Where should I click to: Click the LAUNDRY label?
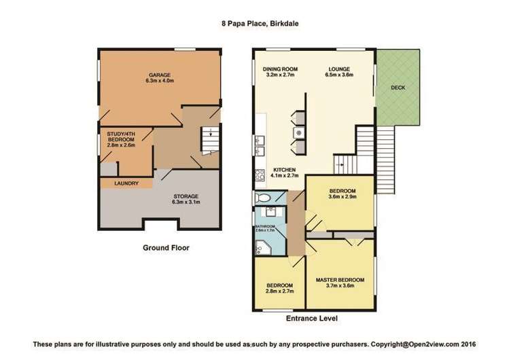(127, 183)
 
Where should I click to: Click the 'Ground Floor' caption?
(166, 248)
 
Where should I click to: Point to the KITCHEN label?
(283, 169)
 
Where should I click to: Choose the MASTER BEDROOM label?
(340, 280)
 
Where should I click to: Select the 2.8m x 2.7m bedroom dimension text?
(279, 291)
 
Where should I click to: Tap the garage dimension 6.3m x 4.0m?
(160, 80)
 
